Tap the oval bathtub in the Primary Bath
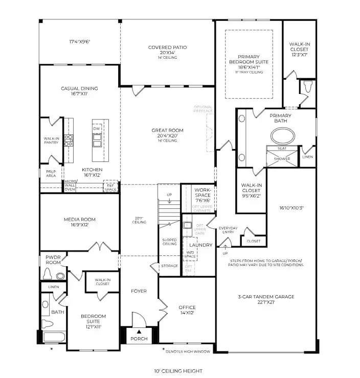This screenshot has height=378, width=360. (x=282, y=136)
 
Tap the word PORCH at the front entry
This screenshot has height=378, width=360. (x=139, y=339)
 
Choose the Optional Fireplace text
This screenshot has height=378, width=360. (x=203, y=109)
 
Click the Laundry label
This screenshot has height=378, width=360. (x=204, y=245)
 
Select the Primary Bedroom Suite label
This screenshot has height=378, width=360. (x=249, y=61)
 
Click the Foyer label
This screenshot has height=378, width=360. (x=139, y=291)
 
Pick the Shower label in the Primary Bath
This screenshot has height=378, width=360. (x=282, y=159)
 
